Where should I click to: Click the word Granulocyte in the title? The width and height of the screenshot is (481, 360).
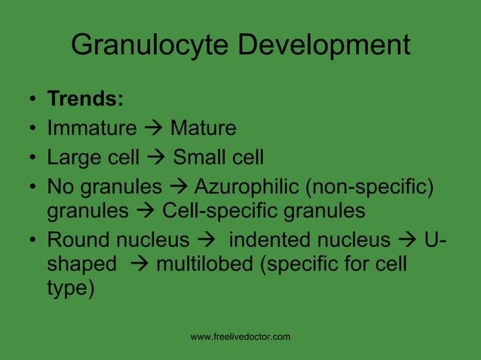pos(151,45)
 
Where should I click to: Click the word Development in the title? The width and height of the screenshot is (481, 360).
pos(324,45)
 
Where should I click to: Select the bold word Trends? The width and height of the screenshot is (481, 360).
pos(86,100)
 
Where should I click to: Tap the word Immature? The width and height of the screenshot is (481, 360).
pos(91,129)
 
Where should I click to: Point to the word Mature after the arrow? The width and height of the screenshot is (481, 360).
pos(203,129)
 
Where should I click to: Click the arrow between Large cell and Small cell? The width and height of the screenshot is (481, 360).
pos(157,157)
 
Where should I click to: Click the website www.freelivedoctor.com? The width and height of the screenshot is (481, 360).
pos(240,337)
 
